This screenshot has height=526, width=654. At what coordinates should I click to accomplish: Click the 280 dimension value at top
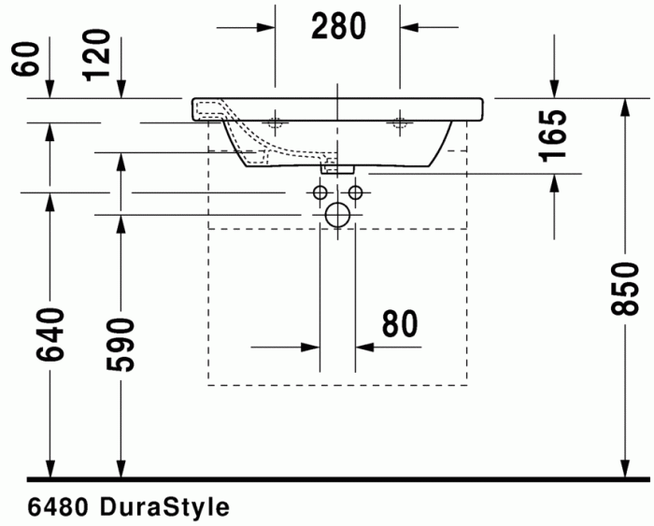point(338,27)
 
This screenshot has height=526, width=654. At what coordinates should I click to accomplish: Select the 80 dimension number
point(399,324)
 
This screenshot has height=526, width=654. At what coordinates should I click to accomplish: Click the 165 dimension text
point(555,137)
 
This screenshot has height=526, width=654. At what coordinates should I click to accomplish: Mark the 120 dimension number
point(97,54)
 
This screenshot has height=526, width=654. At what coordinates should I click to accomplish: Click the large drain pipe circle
point(336,215)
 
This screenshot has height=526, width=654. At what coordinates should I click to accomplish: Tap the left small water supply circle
point(320,192)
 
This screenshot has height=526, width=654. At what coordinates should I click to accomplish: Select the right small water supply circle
point(354,192)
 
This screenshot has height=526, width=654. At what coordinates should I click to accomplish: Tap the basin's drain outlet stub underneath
point(336,168)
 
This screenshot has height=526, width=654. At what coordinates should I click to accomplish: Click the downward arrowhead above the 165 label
point(555,88)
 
